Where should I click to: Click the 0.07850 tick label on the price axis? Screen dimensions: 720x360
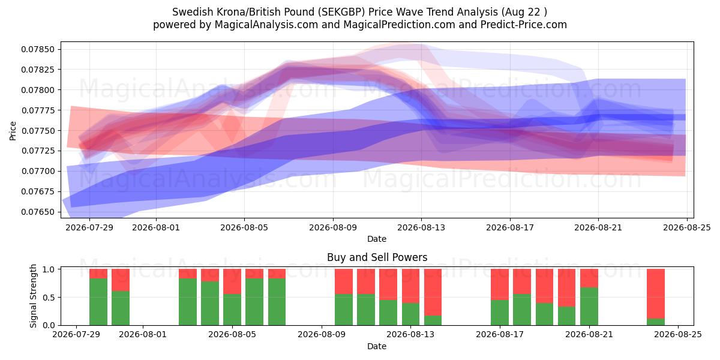[x=38, y=49]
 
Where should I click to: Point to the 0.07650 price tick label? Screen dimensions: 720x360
[x=38, y=212]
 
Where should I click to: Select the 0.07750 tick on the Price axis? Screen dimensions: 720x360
[x=38, y=131]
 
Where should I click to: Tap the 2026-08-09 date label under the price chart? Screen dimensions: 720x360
[x=333, y=227]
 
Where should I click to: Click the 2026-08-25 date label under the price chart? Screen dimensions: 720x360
[x=687, y=227]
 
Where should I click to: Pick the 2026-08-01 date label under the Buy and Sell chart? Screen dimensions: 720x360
[x=143, y=334]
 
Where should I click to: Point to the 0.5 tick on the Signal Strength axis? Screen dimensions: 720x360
[x=49, y=298]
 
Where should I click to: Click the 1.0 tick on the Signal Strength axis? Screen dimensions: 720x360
[x=49, y=269]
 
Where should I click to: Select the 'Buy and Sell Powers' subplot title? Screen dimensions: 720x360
[x=377, y=257]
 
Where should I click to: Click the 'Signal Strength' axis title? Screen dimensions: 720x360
[x=33, y=296]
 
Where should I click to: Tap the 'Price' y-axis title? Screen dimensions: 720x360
[x=13, y=131]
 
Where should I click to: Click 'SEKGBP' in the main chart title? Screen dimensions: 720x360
[x=343, y=12]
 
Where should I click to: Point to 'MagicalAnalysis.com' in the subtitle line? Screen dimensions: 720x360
[x=266, y=25]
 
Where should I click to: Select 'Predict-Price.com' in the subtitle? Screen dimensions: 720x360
[x=524, y=25]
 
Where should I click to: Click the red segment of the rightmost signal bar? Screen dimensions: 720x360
[x=656, y=294]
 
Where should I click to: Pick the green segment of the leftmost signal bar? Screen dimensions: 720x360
[x=98, y=302]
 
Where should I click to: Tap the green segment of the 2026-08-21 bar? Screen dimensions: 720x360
[x=589, y=307]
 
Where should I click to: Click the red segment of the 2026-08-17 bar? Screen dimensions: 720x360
[x=500, y=284]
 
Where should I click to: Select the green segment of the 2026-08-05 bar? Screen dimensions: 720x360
[x=232, y=310]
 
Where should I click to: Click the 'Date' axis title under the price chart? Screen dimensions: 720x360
[x=377, y=239]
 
